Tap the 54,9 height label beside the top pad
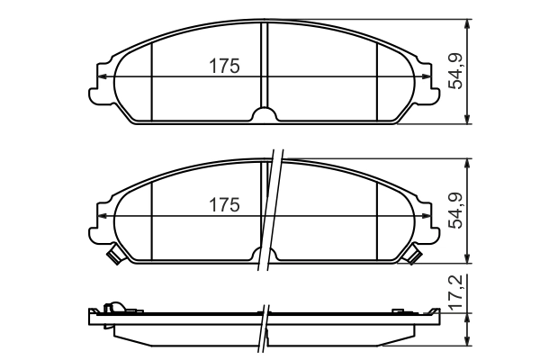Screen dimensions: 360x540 pos(456,71)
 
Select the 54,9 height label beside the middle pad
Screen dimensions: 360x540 pos(456,211)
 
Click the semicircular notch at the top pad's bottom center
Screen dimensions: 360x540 pos(265,115)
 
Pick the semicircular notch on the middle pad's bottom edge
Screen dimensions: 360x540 pos(265,255)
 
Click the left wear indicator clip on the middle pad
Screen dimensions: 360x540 pos(114,256)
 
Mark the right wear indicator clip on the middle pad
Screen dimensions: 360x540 pos(414,256)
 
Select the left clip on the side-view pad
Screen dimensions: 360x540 pos(112,309)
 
